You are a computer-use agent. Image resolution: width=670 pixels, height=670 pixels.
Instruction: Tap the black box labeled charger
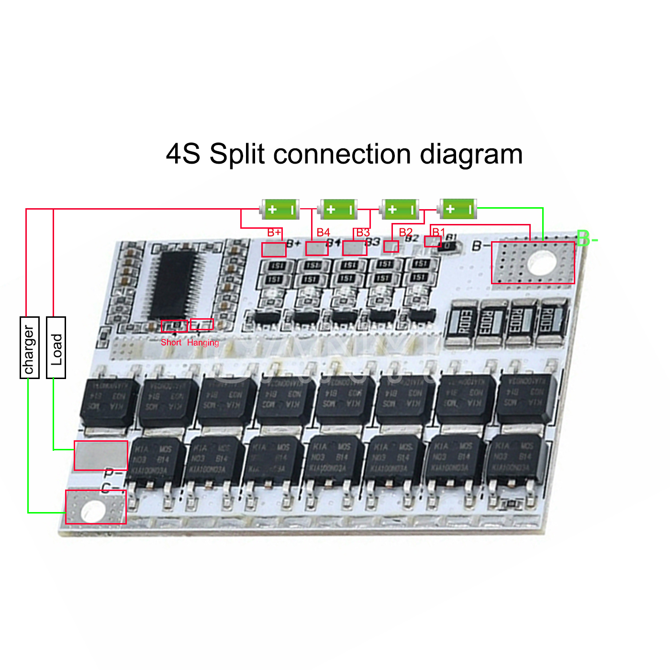29,347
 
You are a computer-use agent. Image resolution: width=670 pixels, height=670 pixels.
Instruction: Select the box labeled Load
56,347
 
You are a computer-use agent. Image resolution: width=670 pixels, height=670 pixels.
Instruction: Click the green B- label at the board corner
587,238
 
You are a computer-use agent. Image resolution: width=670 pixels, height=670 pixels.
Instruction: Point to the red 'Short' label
171,342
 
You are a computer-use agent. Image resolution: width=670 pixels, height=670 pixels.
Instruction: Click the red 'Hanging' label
203,342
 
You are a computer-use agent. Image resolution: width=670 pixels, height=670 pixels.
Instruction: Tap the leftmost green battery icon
280,210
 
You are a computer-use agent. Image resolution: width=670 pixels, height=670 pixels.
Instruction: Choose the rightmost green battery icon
458,209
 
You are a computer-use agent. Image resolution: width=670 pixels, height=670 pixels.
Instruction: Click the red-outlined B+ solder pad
274,249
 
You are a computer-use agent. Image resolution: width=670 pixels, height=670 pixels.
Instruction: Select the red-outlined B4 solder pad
317,248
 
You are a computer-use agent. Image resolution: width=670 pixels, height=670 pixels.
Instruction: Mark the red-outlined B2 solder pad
391,246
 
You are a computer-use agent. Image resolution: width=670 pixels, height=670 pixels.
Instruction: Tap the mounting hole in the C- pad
93,512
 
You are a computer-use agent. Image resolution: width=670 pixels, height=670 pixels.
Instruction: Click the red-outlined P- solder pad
100,455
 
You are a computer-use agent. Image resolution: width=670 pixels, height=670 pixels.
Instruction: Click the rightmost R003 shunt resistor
553,320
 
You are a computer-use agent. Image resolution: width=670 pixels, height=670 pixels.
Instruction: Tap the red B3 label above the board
363,233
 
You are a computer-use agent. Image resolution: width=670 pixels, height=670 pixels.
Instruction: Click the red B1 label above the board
438,233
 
